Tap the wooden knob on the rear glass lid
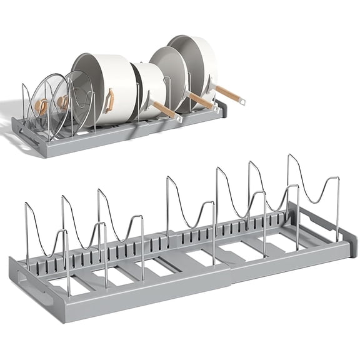point(62,100)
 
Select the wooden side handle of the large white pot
point(111,99)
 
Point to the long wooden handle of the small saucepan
point(164,109)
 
